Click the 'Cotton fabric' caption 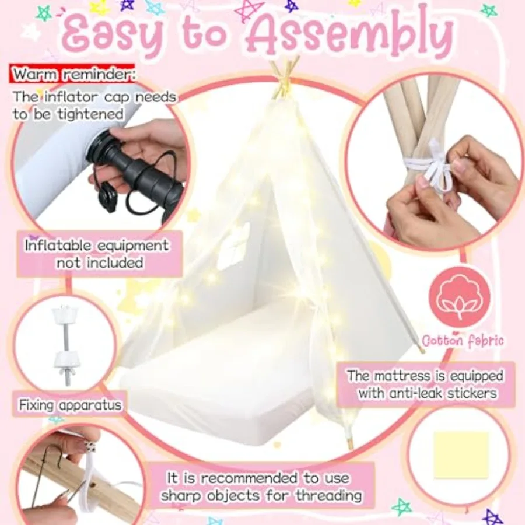(x=463, y=340)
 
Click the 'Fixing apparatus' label (x=70, y=404)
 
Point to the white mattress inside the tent (x=222, y=373)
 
